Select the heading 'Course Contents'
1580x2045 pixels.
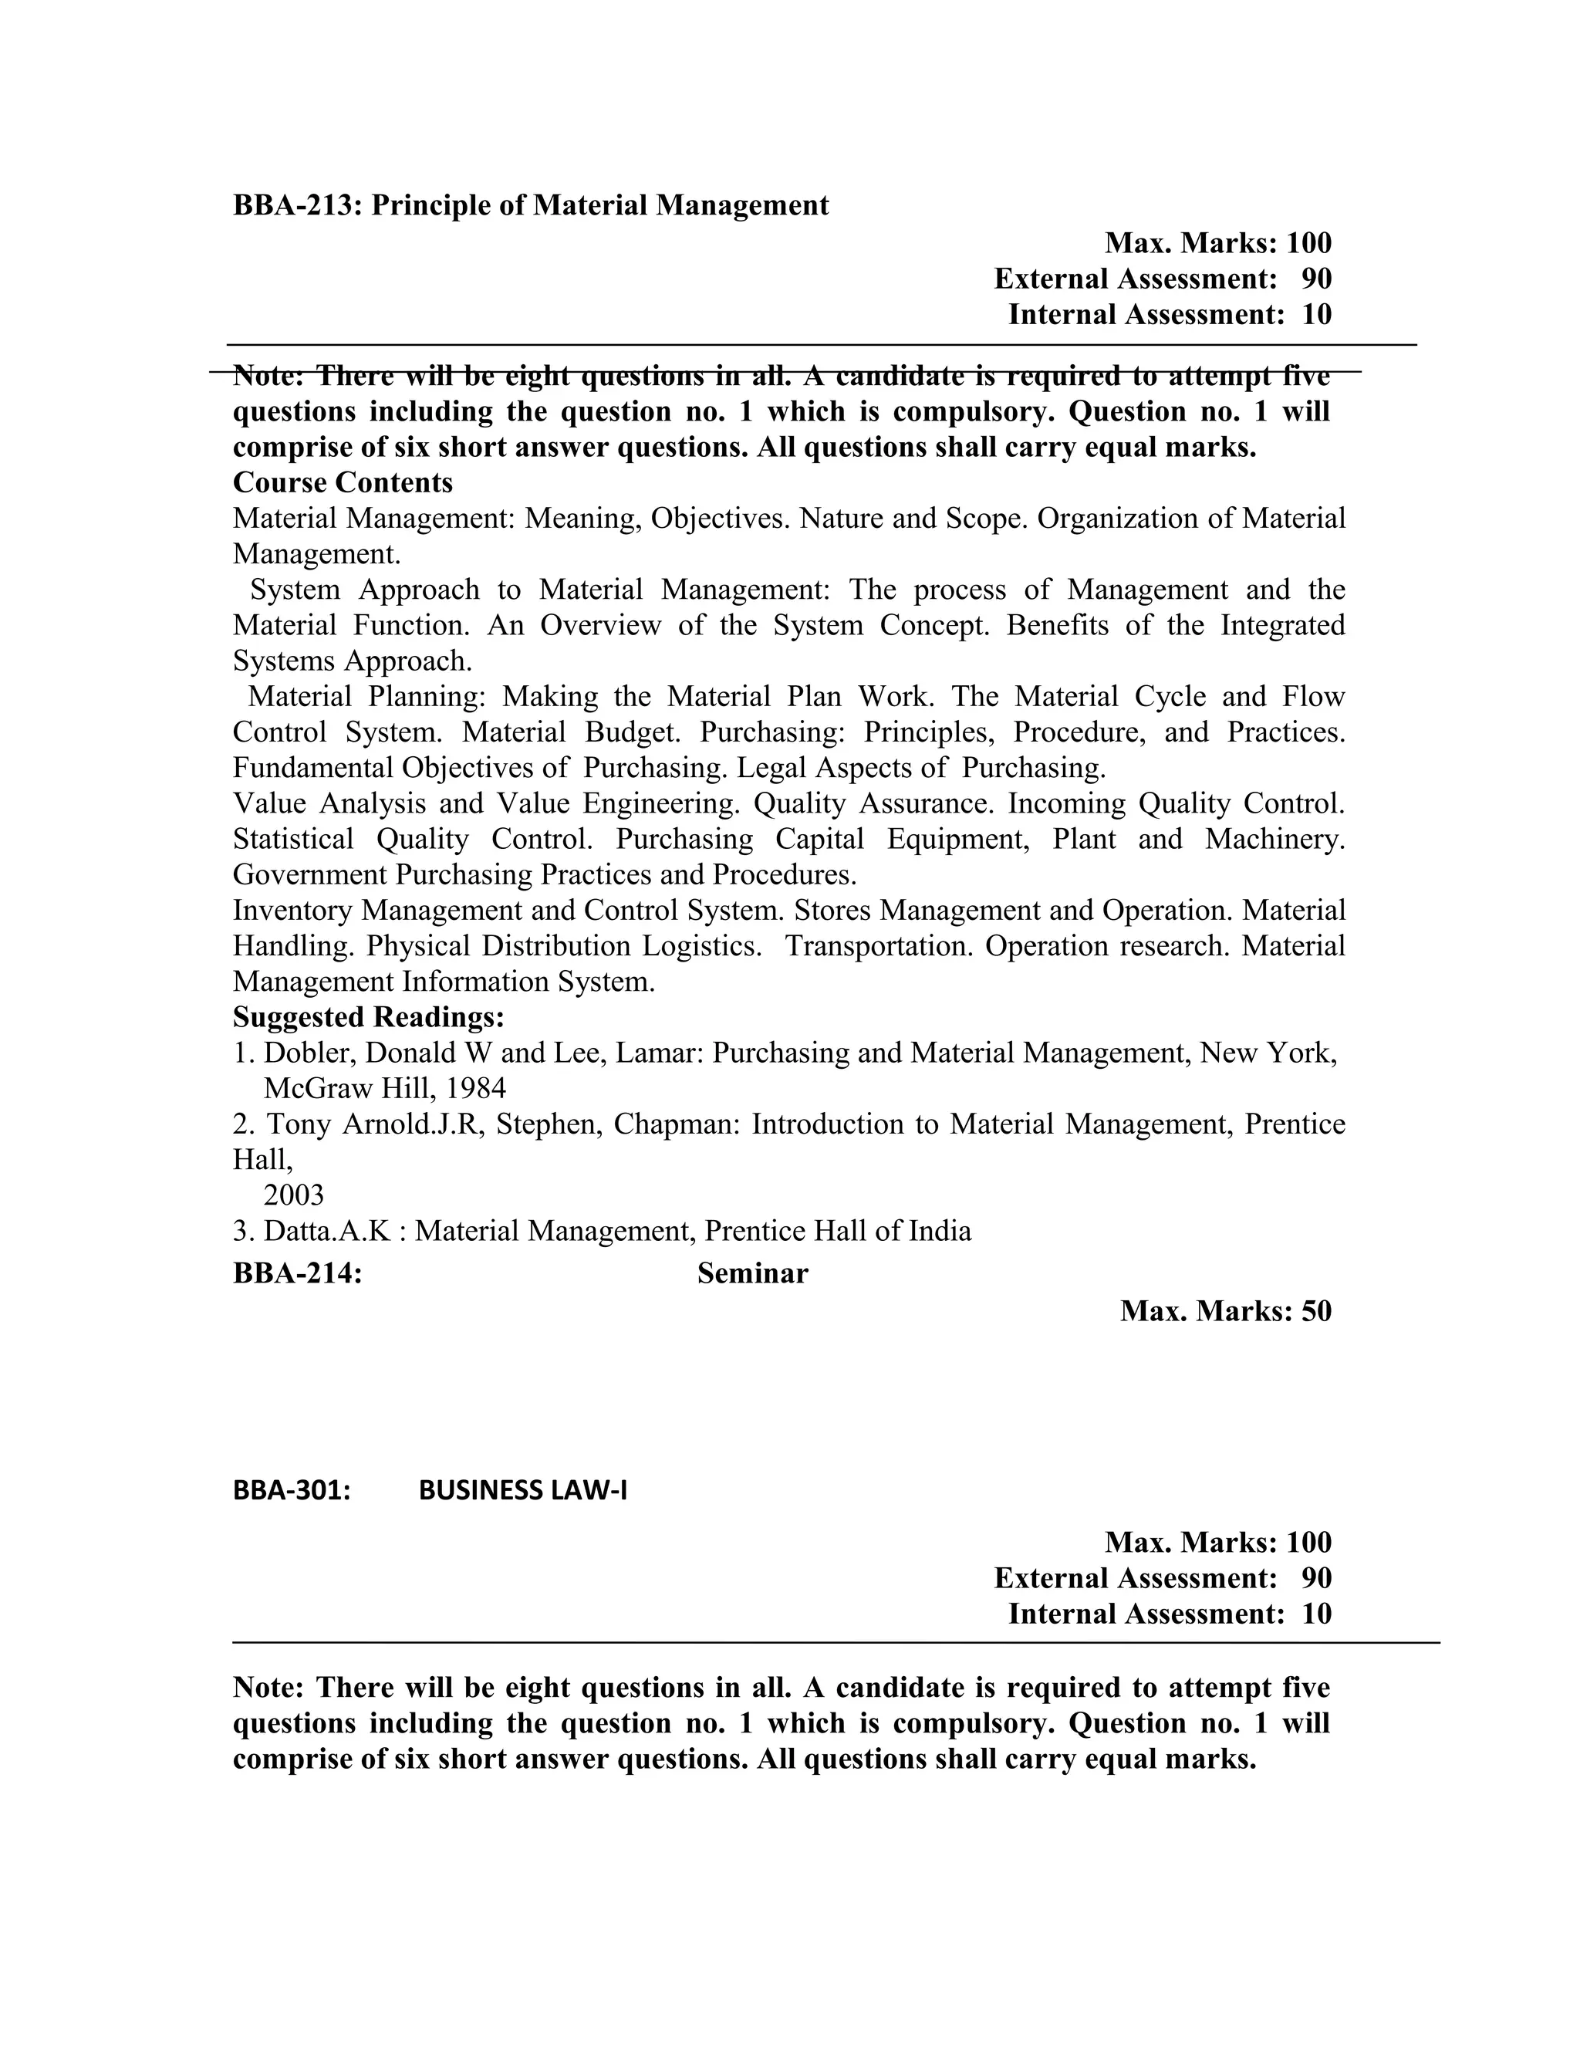point(343,483)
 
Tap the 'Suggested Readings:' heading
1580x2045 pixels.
point(368,1017)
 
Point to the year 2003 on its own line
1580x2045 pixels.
point(294,1195)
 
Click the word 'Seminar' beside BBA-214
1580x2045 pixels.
point(751,1273)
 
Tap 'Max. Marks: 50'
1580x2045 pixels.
point(1225,1311)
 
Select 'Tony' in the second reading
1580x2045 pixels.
point(299,1124)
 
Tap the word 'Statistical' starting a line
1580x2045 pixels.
point(293,839)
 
